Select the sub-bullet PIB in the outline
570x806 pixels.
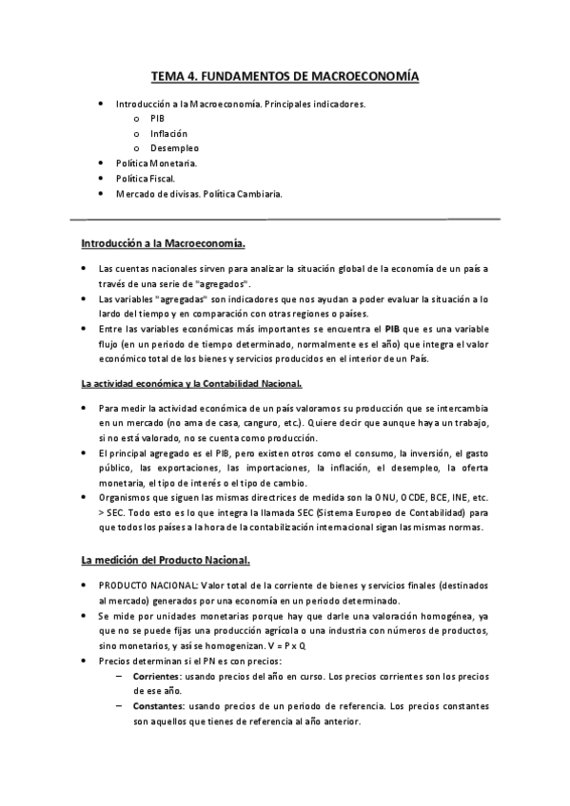(158, 118)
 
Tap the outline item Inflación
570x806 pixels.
(168, 133)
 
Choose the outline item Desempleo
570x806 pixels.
(174, 148)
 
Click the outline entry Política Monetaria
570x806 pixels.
(156, 163)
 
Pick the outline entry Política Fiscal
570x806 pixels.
(146, 179)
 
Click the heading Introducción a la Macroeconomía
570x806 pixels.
(163, 244)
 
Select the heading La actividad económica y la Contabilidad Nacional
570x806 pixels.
(191, 383)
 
